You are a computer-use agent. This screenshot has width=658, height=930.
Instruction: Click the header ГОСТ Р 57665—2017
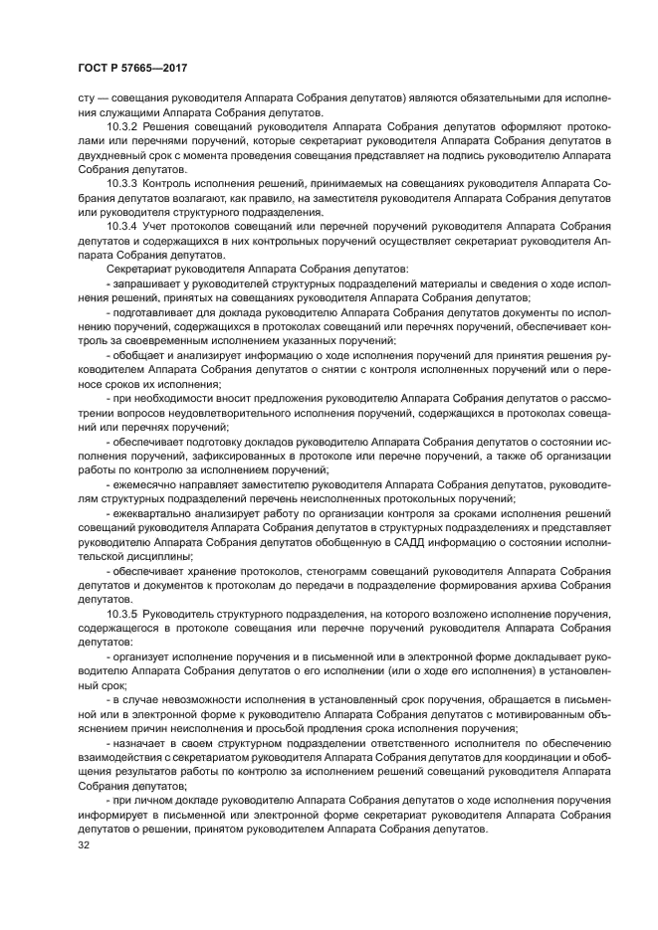pos(132,67)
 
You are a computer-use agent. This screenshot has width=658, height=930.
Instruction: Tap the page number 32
pos(85,845)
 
